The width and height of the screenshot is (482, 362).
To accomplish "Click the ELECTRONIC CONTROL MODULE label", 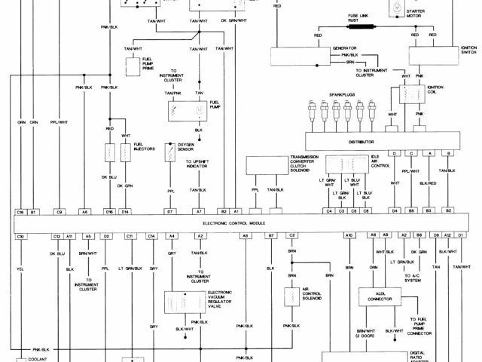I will (239, 224).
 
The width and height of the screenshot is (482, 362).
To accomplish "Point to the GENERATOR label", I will (343, 48).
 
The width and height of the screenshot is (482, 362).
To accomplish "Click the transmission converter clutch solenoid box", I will (267, 165).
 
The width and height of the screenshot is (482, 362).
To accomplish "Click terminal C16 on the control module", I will (21, 212).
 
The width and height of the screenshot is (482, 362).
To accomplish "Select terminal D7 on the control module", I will (170, 212).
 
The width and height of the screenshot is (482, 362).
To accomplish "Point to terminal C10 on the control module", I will (21, 236).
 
